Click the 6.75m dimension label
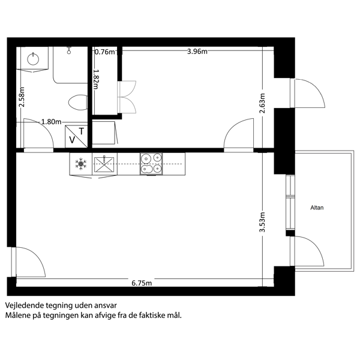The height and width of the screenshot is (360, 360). pos(142,283)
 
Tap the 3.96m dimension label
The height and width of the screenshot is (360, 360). pos(197,52)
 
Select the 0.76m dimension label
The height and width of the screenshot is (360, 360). pos(104,52)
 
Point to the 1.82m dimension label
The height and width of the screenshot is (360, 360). pos(96,79)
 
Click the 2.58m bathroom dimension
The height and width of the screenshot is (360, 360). pos(22,97)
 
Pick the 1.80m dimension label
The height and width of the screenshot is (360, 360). pos(51,122)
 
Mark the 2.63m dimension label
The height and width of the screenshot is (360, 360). pos(262,103)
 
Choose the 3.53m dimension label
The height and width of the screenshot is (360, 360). pos(262,222)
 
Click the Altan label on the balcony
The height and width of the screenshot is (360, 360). pos(317,208)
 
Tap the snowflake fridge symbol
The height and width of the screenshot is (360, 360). pos(81,164)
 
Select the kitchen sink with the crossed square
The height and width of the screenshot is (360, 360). pos(104,164)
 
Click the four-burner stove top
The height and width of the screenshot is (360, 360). pos(151,164)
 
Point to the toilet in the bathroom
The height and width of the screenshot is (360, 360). pos(78,103)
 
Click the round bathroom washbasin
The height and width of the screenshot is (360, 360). pos(33,59)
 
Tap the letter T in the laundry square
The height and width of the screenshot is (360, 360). pos(81,131)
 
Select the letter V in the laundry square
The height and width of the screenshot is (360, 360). pos(72,140)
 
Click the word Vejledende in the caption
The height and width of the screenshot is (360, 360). pos(25,305)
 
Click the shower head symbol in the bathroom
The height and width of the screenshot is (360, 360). pos(69,50)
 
